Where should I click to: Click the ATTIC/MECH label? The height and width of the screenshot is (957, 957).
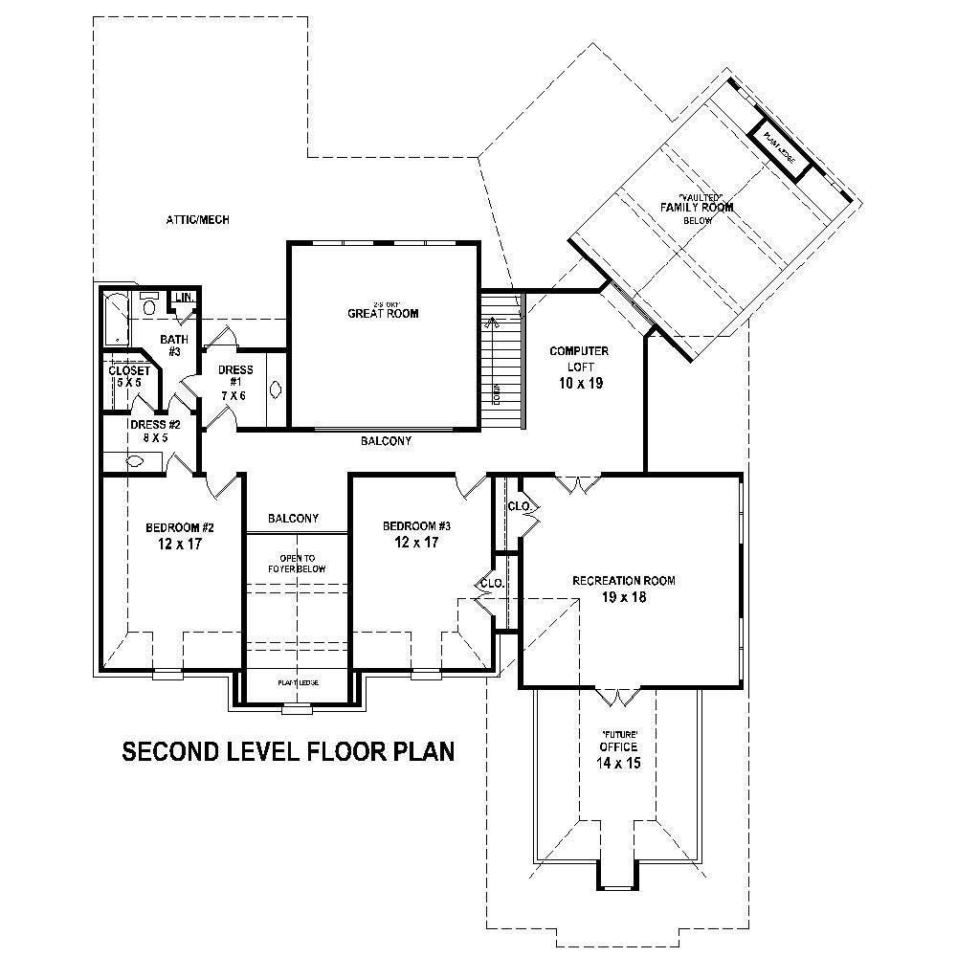(x=198, y=220)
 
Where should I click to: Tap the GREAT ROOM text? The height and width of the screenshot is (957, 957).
(x=383, y=313)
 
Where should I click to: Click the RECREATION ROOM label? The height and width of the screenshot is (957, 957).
(x=624, y=581)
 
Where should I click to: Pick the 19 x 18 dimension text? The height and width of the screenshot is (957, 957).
(x=624, y=598)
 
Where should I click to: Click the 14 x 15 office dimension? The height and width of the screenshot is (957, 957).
(x=618, y=764)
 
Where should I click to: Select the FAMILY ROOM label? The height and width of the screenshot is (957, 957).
(x=697, y=208)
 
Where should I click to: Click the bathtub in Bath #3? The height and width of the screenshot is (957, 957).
(x=113, y=319)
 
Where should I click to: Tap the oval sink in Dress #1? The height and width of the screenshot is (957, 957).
(x=277, y=389)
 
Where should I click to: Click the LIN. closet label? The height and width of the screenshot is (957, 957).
(x=184, y=299)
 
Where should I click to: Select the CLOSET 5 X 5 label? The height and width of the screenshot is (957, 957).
(x=128, y=376)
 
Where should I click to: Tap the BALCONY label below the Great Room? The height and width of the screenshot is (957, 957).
(x=386, y=441)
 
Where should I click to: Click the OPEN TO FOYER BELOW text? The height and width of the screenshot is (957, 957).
(x=297, y=564)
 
